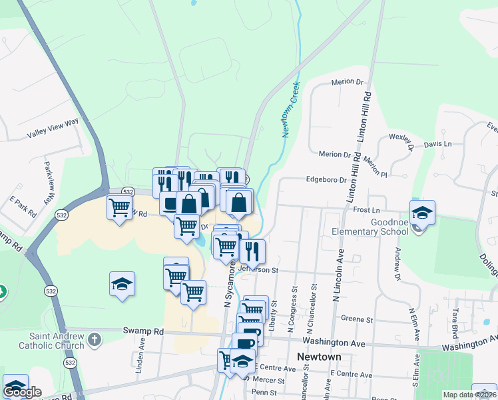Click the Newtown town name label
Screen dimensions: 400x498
319,357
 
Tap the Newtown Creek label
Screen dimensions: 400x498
292,110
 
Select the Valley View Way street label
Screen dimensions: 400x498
53,129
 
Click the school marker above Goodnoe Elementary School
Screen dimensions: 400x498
422,213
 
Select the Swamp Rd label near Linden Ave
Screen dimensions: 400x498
143,331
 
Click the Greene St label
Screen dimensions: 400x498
356,319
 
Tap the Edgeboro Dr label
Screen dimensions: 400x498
326,179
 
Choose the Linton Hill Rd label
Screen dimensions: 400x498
366,130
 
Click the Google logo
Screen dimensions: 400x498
22,392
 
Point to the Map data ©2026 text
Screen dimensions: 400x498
469,395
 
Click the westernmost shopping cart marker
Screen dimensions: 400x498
119,207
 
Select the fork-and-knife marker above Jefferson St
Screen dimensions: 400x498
252,251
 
